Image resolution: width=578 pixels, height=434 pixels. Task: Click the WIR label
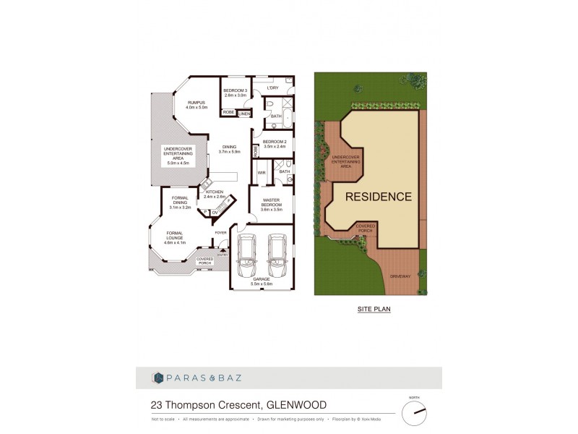(261, 173)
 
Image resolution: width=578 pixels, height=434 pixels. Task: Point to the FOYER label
(220, 233)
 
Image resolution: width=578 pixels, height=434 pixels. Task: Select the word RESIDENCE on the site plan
(378, 196)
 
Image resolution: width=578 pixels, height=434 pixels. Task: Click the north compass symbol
(414, 413)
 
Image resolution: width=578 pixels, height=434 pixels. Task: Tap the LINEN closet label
(246, 113)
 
